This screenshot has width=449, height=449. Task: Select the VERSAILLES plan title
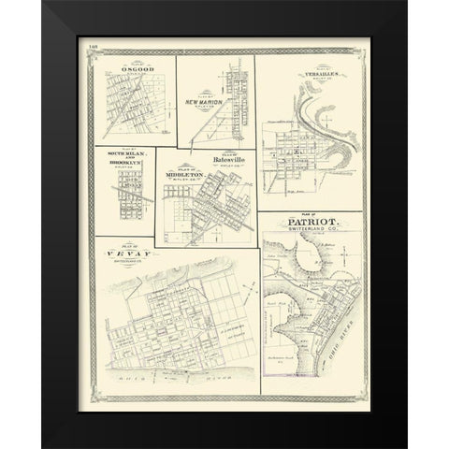[306, 72]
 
